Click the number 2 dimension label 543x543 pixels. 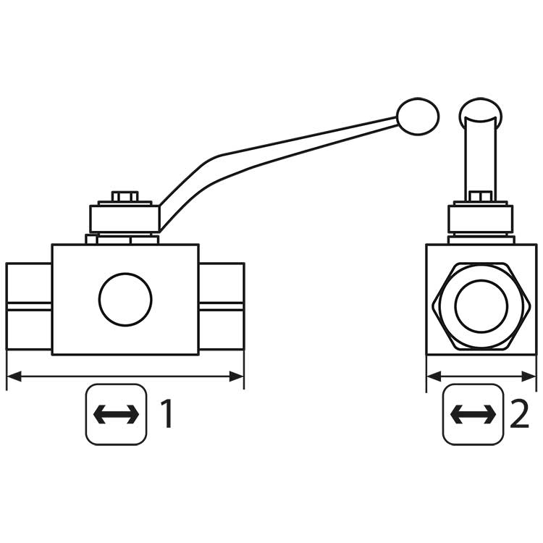pyautogui.click(x=519, y=414)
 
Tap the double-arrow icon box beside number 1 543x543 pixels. pyautogui.click(x=117, y=414)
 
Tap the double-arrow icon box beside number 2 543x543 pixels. pyautogui.click(x=473, y=414)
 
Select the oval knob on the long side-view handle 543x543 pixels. pyautogui.click(x=418, y=117)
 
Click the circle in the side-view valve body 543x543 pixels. pyautogui.click(x=125, y=300)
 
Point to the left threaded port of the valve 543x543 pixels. pyautogui.click(x=29, y=306)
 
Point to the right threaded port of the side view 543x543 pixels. pyautogui.click(x=222, y=306)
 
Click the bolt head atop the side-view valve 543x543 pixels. pyautogui.click(x=125, y=197)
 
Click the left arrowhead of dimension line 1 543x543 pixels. pyautogui.click(x=14, y=376)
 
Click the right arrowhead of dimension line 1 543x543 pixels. pyautogui.click(x=237, y=376)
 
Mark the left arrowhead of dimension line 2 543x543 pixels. pyautogui.click(x=434, y=376)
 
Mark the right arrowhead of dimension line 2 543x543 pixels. pyautogui.click(x=529, y=376)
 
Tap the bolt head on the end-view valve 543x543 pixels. pyautogui.click(x=481, y=196)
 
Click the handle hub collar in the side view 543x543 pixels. pyautogui.click(x=125, y=219)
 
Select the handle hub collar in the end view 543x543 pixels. pyautogui.click(x=481, y=219)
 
